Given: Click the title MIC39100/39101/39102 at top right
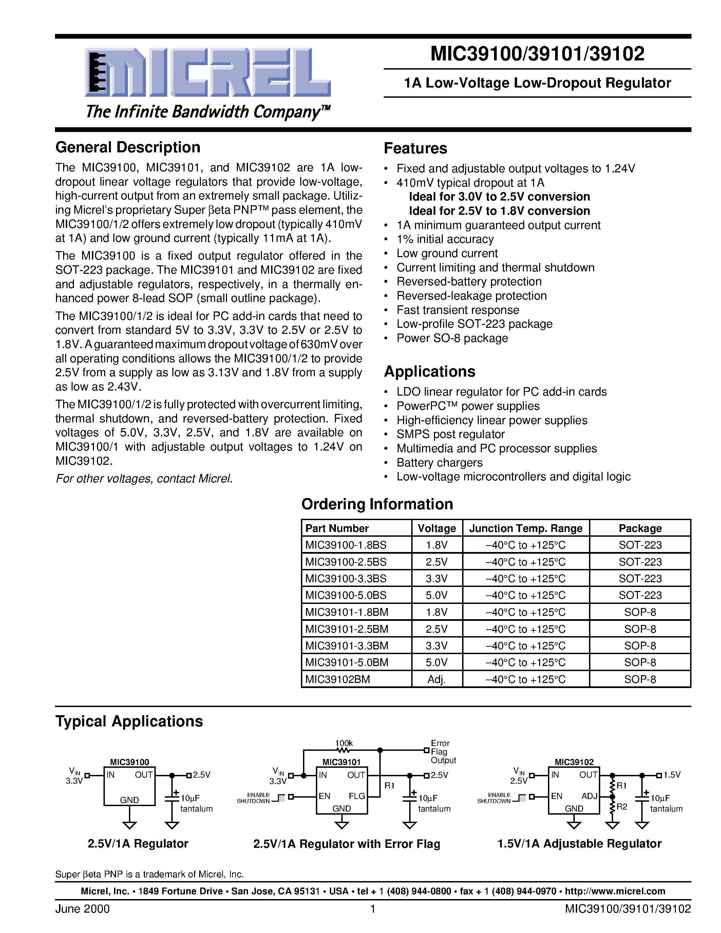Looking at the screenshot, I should pyautogui.click(x=537, y=54).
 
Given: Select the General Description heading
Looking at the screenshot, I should pyautogui.click(x=128, y=147).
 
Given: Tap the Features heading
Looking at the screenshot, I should pyautogui.click(x=415, y=148).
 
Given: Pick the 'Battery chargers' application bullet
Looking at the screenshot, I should pyautogui.click(x=439, y=463).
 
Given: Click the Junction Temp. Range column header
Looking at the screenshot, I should pyautogui.click(x=525, y=529).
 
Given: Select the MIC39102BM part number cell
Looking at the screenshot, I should pyautogui.click(x=338, y=679).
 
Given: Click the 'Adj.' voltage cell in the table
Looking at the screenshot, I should pyautogui.click(x=437, y=679).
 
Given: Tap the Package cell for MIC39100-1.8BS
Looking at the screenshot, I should pyautogui.click(x=640, y=545).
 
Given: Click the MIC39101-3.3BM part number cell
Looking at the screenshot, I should pyautogui.click(x=346, y=646).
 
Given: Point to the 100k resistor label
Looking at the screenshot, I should pyautogui.click(x=344, y=743).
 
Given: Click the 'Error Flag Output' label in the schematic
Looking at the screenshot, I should pyautogui.click(x=442, y=751).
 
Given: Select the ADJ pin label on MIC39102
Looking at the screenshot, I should pyautogui.click(x=589, y=796).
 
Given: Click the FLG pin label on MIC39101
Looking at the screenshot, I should pyautogui.click(x=357, y=796).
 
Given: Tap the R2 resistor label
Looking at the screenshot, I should pyautogui.click(x=622, y=806).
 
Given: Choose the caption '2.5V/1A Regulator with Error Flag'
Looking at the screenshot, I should pyautogui.click(x=346, y=844).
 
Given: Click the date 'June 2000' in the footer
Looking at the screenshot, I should pyautogui.click(x=82, y=909).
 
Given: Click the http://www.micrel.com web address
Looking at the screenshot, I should pyautogui.click(x=615, y=891).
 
